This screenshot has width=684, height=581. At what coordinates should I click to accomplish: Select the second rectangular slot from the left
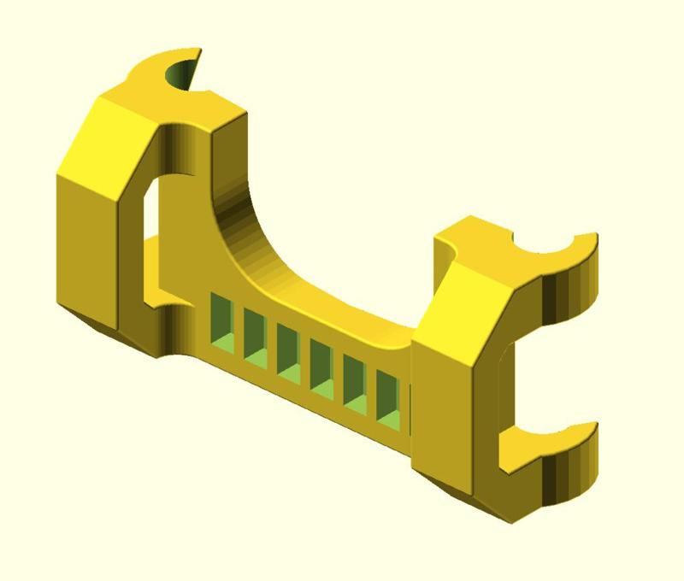pos(254,332)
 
